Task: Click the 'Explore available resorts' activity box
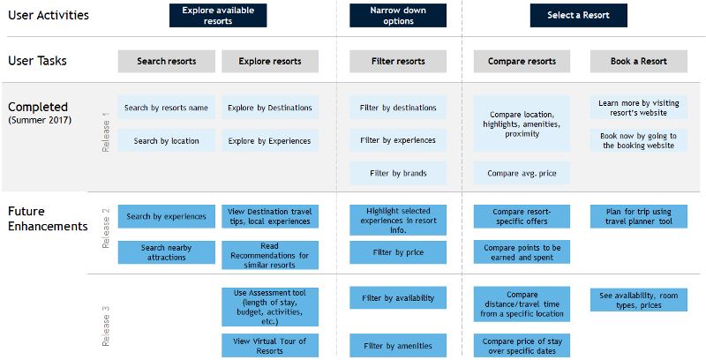(x=218, y=15)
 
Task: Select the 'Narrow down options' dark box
(x=398, y=15)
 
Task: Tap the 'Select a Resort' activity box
(x=578, y=15)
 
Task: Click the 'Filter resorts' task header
(x=398, y=61)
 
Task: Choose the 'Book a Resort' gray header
(x=638, y=61)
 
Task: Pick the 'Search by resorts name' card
(x=166, y=108)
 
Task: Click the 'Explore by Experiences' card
(x=270, y=141)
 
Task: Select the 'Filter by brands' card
(x=398, y=173)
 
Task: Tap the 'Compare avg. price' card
(x=522, y=173)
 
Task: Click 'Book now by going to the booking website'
(x=638, y=140)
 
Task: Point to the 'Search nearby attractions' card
(x=166, y=252)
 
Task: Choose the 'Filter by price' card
(x=398, y=252)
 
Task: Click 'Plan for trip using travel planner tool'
(x=638, y=216)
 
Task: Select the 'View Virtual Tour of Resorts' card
(x=270, y=346)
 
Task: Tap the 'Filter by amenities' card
(x=398, y=346)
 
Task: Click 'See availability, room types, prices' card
(x=638, y=300)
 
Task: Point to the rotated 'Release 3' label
(x=106, y=326)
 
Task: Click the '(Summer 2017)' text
(x=40, y=120)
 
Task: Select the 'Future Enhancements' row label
(x=48, y=218)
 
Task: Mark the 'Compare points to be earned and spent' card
(x=522, y=252)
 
